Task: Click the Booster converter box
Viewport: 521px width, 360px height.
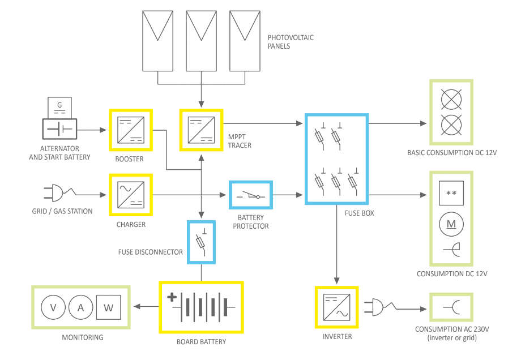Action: point(130,130)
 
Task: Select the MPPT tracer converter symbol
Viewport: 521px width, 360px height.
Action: point(202,130)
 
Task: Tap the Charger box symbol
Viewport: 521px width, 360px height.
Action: point(130,195)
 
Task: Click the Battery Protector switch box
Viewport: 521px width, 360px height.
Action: point(250,195)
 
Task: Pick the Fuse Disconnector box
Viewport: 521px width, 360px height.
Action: point(202,242)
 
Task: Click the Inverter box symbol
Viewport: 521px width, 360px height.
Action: point(336,307)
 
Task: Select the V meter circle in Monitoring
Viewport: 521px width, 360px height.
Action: point(54,307)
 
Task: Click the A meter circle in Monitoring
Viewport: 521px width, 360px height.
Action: point(80,307)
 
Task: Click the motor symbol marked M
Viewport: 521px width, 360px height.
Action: point(451,224)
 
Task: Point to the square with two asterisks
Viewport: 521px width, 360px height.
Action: point(451,194)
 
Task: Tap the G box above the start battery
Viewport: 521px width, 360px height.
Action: point(59,107)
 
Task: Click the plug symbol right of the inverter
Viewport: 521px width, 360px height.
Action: point(379,308)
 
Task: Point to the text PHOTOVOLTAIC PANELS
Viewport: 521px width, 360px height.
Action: point(291,42)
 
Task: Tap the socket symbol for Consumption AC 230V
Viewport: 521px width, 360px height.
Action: point(451,308)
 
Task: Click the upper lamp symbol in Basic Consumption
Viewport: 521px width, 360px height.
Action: point(451,101)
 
